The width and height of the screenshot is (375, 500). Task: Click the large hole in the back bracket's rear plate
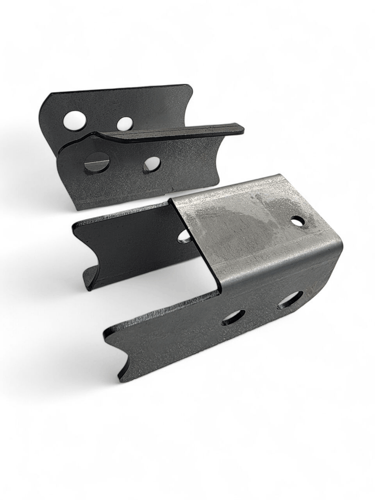(75, 120)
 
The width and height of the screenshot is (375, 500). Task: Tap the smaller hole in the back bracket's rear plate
(124, 123)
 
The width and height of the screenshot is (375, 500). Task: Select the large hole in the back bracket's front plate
(97, 163)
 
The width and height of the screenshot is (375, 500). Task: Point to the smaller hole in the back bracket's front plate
(152, 164)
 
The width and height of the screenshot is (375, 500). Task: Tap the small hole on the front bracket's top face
(298, 221)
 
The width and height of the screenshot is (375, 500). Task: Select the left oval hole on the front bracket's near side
(233, 317)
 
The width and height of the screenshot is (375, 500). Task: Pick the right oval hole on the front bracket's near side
(290, 300)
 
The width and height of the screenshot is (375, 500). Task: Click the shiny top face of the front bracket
(250, 219)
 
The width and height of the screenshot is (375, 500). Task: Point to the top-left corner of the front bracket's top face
(170, 202)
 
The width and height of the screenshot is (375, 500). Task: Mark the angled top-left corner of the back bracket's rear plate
(47, 99)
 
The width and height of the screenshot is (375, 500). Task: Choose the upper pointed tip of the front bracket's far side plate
(74, 226)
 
